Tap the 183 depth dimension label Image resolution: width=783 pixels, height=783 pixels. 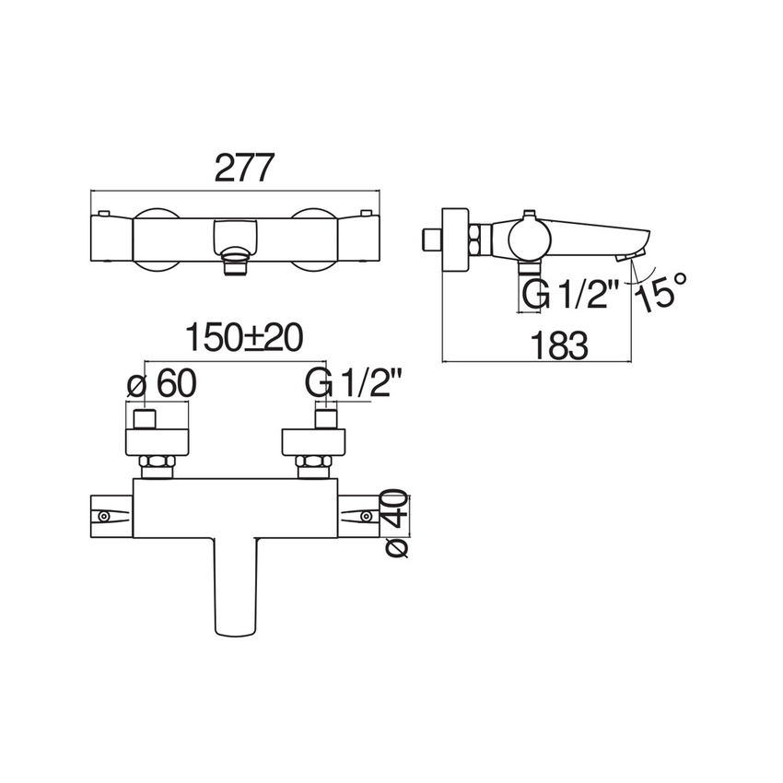click(x=559, y=346)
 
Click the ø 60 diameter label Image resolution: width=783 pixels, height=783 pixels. click(x=162, y=384)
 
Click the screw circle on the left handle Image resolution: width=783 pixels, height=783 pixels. click(x=104, y=517)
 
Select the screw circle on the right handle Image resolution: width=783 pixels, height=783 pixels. click(x=366, y=516)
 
